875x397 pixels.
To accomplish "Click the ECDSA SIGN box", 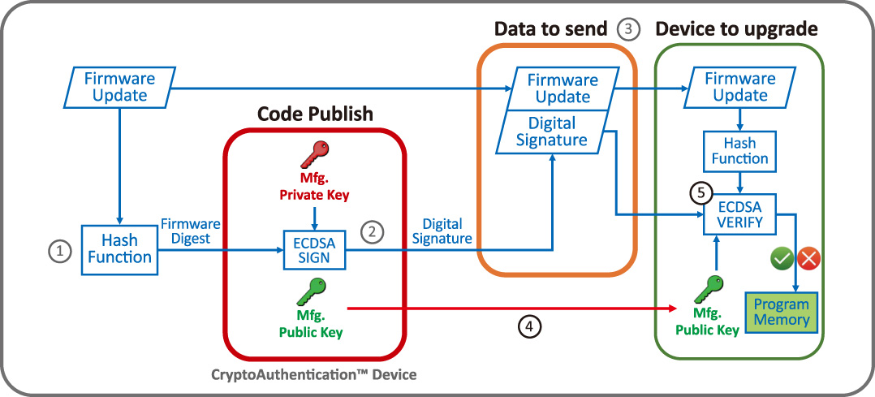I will coord(313,249).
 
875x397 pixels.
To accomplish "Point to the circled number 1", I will coord(58,252).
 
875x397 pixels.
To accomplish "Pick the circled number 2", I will coord(371,232).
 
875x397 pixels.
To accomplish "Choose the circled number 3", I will coord(628,29).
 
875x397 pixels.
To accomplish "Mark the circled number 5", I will coord(700,194).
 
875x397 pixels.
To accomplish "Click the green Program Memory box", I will coord(782,312).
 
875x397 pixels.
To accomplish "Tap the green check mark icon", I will coord(781,259).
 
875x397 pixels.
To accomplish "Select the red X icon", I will coord(809,259).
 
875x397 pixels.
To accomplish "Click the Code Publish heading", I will coord(315,114).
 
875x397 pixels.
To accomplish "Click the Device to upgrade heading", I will coord(736,29).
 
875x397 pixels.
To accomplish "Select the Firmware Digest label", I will coord(187,231).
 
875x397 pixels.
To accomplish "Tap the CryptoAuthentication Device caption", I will coord(316,375).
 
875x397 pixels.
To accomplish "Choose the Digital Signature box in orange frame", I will coord(552,132).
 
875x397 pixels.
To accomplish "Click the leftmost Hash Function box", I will coord(119,249).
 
